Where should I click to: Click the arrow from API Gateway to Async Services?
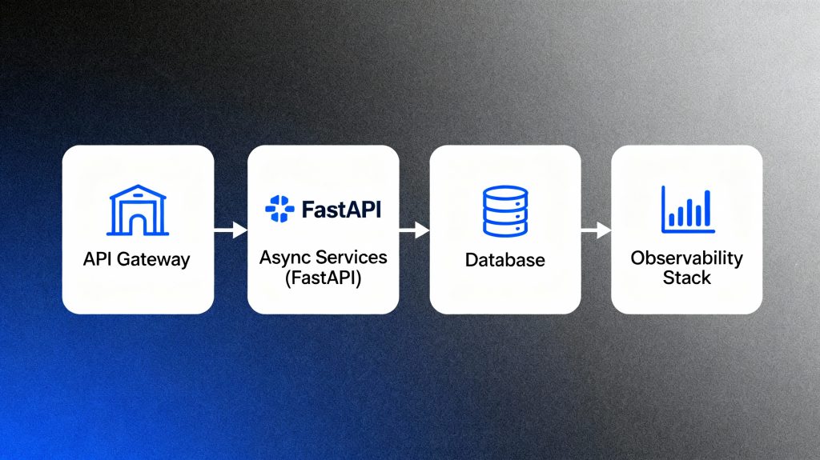231,230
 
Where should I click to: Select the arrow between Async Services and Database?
414,230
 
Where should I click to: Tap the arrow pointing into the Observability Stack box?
596,230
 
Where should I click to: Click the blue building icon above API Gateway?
137,211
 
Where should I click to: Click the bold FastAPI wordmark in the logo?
342,211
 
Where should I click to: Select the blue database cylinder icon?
505,211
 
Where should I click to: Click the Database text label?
505,260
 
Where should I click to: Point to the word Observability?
687,258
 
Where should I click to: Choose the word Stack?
687,278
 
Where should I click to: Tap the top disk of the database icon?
505,193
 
